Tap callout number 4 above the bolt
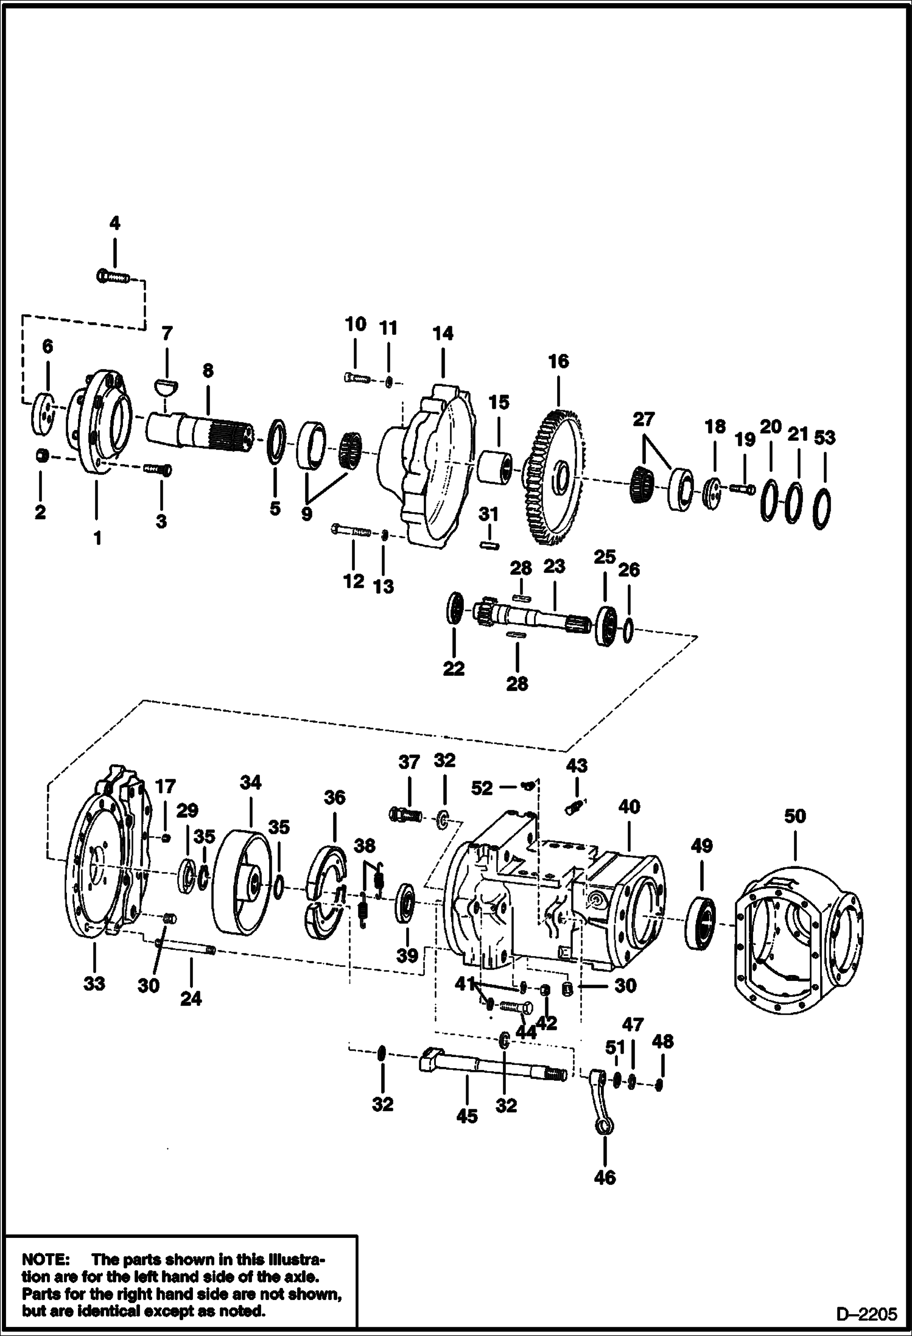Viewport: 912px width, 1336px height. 114,223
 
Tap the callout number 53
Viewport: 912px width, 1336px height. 824,438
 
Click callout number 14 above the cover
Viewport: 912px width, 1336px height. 443,334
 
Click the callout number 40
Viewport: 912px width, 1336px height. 629,807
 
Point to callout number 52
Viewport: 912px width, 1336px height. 482,788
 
